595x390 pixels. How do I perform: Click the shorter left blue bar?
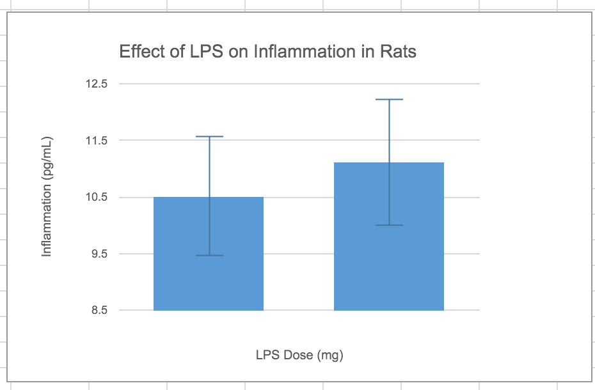(x=209, y=256)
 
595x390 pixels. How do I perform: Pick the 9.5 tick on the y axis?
(x=100, y=254)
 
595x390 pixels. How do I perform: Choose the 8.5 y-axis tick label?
(x=100, y=311)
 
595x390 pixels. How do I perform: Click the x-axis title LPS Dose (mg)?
(x=299, y=355)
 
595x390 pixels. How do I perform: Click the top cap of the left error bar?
(x=209, y=137)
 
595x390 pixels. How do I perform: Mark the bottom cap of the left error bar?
(x=209, y=256)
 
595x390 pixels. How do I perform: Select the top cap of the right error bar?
(x=389, y=100)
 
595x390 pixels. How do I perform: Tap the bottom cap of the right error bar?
(x=389, y=225)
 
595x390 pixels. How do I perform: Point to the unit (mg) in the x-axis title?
(x=329, y=355)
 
